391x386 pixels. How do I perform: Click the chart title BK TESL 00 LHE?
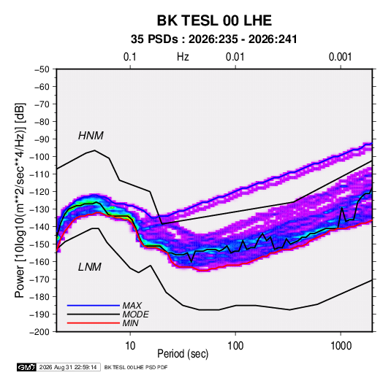tap(214, 20)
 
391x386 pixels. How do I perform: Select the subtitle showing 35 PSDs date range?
tap(214, 39)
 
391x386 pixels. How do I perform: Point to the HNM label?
tap(91, 136)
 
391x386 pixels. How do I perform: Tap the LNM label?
tap(90, 267)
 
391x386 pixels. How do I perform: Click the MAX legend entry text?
tap(132, 305)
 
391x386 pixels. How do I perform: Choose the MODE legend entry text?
tap(136, 314)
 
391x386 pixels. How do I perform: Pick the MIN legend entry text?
tap(130, 323)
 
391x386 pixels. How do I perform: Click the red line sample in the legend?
tap(94, 323)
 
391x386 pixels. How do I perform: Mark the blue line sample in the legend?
tap(94, 305)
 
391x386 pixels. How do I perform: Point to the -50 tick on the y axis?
tap(42, 69)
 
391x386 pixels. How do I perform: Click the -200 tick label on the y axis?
tap(39, 332)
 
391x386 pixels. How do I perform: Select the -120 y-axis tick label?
tap(39, 192)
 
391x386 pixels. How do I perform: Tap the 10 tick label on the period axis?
tap(130, 346)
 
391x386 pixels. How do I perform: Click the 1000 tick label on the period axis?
tap(341, 346)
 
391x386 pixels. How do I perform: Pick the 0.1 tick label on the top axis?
tap(130, 57)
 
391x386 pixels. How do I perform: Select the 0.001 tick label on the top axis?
tap(340, 57)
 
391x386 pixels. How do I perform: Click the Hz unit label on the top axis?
tap(183, 57)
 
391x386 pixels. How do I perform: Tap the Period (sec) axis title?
tap(183, 354)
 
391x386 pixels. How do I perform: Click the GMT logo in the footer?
tap(27, 367)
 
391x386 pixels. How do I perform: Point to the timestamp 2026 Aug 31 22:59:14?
tap(68, 367)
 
